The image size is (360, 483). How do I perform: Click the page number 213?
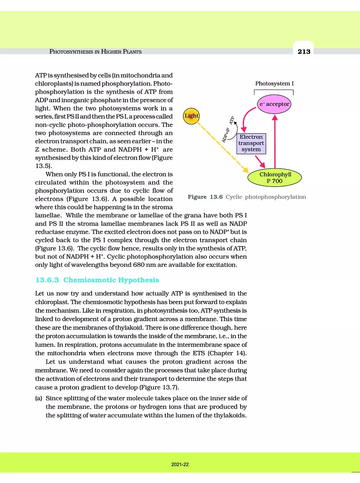(304, 52)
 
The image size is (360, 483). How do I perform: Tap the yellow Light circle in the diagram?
(191, 116)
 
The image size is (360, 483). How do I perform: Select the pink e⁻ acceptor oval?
(274, 104)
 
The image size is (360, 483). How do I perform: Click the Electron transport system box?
(251, 144)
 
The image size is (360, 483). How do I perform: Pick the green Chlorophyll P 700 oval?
(275, 177)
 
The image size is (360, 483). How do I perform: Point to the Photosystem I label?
(274, 84)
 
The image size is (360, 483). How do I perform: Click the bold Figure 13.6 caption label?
(205, 197)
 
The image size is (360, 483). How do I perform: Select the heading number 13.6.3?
(46, 280)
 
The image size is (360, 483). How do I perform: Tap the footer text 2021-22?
(180, 465)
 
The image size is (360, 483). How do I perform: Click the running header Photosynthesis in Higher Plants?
(96, 52)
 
